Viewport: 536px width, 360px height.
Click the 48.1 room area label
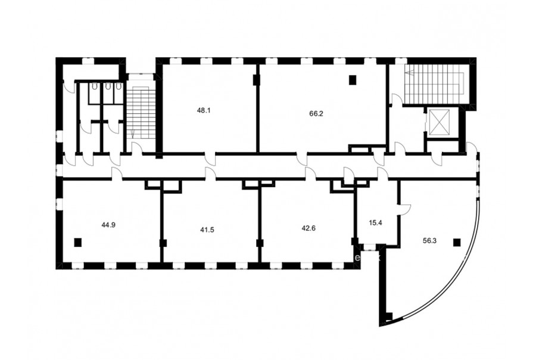coord(204,110)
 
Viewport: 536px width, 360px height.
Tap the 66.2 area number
coord(316,114)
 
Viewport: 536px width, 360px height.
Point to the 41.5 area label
coord(207,229)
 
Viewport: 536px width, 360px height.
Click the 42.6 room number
coord(308,228)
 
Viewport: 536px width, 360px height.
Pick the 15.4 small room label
coord(375,223)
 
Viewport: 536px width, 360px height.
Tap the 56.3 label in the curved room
coord(429,241)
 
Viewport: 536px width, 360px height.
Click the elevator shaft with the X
coord(438,122)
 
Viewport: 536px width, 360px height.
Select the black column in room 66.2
coord(353,80)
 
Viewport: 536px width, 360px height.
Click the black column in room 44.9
coord(78,242)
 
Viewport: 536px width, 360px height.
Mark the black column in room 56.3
coord(457,242)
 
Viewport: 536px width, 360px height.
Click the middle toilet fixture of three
coord(108,86)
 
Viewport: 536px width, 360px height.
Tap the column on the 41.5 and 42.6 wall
coord(260,243)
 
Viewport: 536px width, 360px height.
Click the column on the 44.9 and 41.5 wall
coord(163,243)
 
